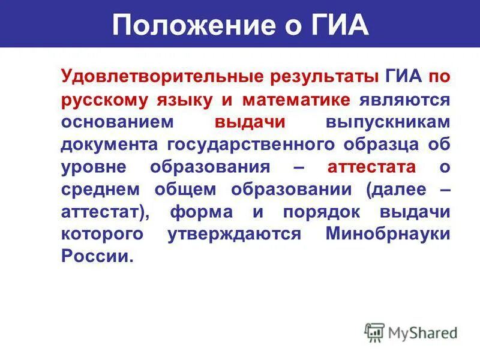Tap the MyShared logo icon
374,332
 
